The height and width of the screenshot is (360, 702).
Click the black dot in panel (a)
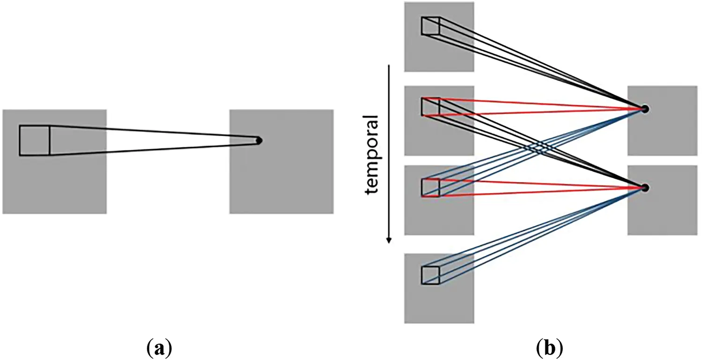pyautogui.click(x=259, y=140)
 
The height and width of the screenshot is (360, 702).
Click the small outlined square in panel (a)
pyautogui.click(x=35, y=140)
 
